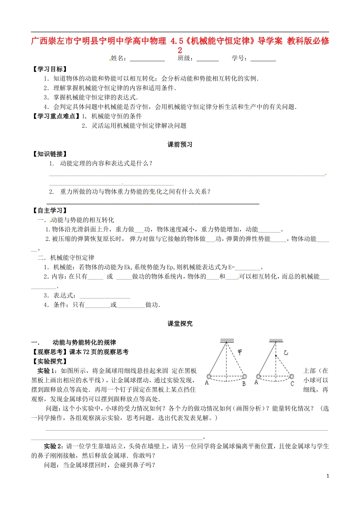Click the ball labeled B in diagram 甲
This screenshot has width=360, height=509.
coord(244,376)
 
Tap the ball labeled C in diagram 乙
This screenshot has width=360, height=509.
coord(291,376)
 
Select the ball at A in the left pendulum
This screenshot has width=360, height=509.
coord(208,376)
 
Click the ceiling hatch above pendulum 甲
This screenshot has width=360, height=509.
coord(227,340)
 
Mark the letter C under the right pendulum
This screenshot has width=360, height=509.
coord(292,384)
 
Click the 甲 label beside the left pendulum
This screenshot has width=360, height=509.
coord(240,352)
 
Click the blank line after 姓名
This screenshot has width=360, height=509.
coord(147,59)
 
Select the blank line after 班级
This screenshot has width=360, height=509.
coord(208,59)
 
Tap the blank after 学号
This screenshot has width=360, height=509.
coord(263,59)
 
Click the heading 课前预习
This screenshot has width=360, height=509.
coord(180,145)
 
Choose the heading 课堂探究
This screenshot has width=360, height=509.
coord(180,324)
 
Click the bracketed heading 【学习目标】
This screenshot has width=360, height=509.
coord(50,69)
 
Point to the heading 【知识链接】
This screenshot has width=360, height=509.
coord(50,154)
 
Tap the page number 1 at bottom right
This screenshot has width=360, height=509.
coord(328,476)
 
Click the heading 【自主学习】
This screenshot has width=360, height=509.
coord(50,211)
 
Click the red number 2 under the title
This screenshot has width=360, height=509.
coord(180,50)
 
